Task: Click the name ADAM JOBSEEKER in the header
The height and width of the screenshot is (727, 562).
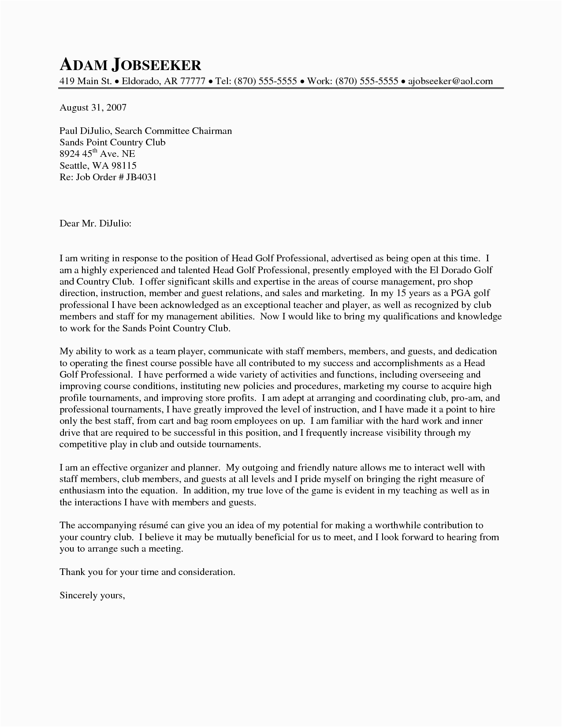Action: (x=130, y=65)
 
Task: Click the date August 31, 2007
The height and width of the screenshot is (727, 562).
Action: (x=93, y=107)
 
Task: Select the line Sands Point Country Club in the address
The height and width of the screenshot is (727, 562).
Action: (x=112, y=142)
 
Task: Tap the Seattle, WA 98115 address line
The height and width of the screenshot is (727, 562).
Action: (x=98, y=166)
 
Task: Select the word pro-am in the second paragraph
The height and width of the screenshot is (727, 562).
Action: (x=467, y=397)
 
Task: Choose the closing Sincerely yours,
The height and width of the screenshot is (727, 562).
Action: (x=93, y=595)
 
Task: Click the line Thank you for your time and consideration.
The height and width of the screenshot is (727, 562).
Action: (x=148, y=572)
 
